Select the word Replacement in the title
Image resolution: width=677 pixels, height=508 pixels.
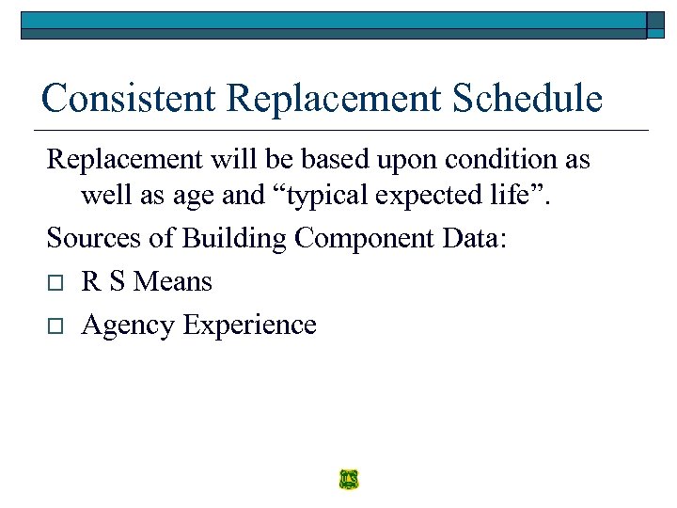coord(316,98)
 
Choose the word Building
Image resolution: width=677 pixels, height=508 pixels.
coord(234,238)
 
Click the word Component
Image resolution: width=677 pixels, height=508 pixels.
coord(363,238)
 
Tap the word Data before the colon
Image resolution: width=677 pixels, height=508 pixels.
coord(471,238)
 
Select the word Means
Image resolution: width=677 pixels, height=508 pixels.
coord(173,281)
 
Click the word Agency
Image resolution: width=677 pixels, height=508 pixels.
coord(129,325)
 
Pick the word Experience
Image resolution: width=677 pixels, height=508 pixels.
coord(250,325)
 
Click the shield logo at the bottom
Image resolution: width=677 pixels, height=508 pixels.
coord(349,480)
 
